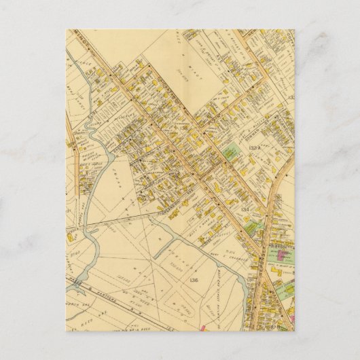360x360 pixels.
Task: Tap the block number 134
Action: pos(246,211)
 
